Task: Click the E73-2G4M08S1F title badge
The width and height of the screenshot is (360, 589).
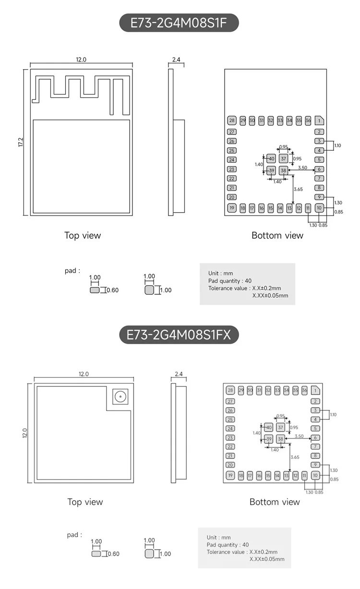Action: (179, 23)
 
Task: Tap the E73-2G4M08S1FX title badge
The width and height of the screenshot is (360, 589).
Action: (179, 335)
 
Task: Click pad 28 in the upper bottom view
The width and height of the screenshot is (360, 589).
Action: (232, 120)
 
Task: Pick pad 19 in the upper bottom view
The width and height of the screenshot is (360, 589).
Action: (232, 208)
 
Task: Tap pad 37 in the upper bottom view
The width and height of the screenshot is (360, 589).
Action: (284, 158)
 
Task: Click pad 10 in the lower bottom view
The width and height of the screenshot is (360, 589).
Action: (315, 475)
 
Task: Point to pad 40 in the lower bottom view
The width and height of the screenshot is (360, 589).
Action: (269, 427)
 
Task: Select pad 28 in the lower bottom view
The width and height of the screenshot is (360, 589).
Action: (230, 390)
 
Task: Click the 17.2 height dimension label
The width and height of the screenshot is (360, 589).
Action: (21, 142)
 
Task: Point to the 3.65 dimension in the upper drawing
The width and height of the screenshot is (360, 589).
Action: (298, 189)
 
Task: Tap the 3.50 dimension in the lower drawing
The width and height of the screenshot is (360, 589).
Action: (299, 436)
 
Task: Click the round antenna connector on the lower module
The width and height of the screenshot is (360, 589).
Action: (119, 397)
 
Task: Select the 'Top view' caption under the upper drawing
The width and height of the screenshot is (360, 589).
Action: (83, 235)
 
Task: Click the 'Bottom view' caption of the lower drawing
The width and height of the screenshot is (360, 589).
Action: (275, 502)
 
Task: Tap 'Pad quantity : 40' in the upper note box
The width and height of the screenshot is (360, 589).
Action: (229, 281)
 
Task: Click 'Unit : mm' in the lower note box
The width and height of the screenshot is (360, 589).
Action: (218, 538)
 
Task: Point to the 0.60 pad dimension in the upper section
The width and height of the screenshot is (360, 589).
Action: (112, 290)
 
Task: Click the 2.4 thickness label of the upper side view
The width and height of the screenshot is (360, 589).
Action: (176, 60)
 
